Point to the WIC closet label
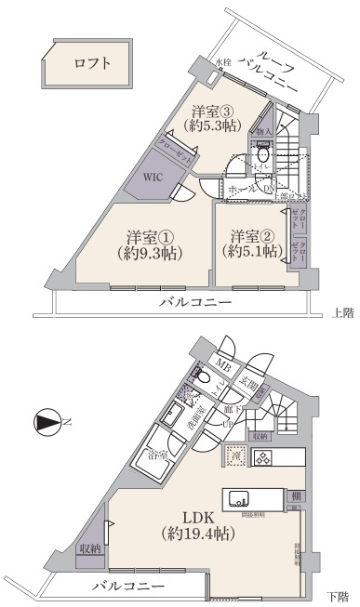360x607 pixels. coord(153,177)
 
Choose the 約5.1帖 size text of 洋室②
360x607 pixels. coord(250,251)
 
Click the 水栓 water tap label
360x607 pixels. coord(222,62)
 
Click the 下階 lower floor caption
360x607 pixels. coord(341,595)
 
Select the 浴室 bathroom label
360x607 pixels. coord(157,455)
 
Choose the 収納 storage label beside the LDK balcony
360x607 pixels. coord(90,549)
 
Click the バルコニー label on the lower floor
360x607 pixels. coord(129,587)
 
